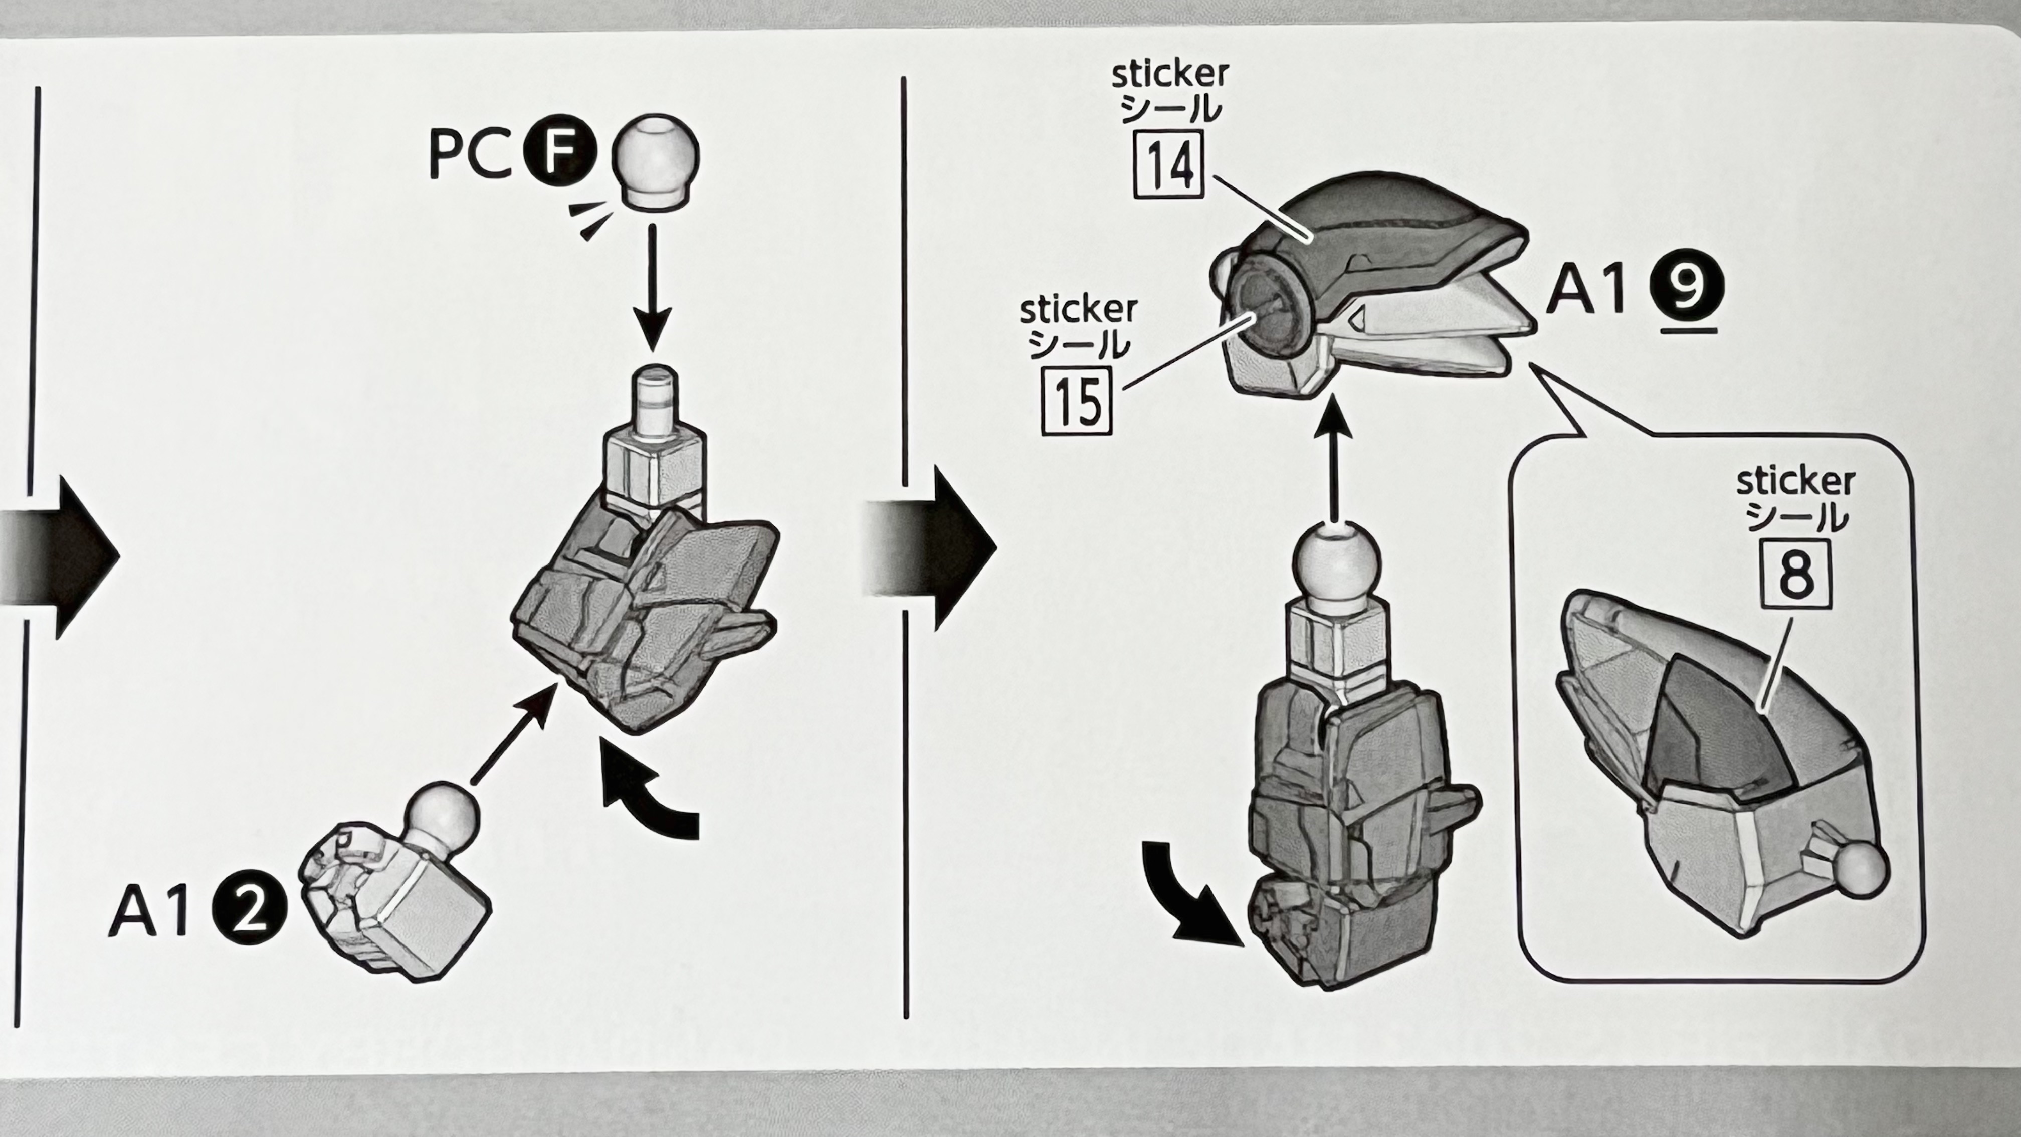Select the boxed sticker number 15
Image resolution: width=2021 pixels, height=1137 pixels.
pos(1077,400)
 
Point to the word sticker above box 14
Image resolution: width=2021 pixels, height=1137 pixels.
pos(1170,75)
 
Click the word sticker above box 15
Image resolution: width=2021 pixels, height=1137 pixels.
pos(1078,310)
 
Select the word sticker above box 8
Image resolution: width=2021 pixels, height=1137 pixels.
pos(1795,481)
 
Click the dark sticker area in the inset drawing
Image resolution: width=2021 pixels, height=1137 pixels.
pos(1710,730)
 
